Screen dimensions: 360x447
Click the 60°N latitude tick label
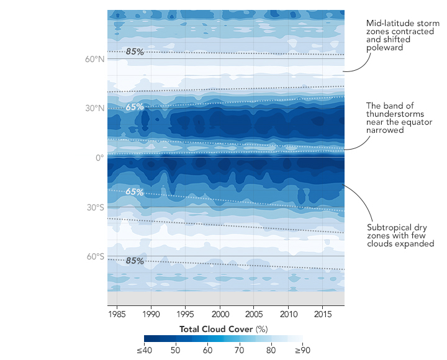pos(94,59)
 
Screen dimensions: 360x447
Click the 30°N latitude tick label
pos(94,108)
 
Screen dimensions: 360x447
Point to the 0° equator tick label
pos(99,158)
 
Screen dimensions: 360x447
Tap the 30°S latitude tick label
pos(94,207)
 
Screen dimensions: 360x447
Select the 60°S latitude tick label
pos(94,256)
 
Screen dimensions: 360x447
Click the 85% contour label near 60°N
pos(135,52)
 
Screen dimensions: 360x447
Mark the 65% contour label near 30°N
pos(135,107)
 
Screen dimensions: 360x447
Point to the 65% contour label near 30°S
pos(135,192)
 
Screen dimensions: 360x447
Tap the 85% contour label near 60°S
pos(135,261)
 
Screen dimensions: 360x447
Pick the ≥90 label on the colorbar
pos(303,351)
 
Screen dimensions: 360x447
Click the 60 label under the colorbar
pos(207,351)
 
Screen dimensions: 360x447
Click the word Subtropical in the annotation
pos(388,227)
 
